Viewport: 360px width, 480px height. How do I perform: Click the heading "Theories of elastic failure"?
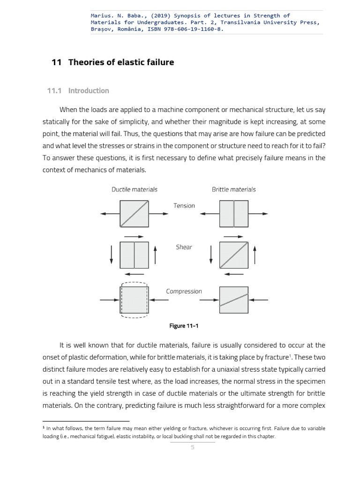(121, 62)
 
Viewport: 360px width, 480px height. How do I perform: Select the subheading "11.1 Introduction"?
(78, 90)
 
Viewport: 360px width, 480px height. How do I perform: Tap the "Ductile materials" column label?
(135, 189)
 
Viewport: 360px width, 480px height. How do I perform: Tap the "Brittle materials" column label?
(233, 189)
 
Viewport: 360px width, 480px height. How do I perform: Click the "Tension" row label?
(184, 206)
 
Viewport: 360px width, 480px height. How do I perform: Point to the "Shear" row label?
(184, 247)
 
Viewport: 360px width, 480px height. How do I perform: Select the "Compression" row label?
(184, 291)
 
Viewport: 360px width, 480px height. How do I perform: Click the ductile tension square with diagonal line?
(135, 214)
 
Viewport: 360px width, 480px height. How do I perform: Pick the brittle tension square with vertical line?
(233, 214)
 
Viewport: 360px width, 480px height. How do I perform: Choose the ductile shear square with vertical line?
(135, 255)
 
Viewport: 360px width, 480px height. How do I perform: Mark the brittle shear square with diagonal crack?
(233, 255)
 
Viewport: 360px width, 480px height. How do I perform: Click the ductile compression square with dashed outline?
(135, 300)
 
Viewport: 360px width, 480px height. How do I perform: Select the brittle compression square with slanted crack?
(233, 300)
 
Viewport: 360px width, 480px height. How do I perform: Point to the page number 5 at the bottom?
(192, 447)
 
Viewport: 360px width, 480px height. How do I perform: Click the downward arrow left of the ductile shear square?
(111, 255)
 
